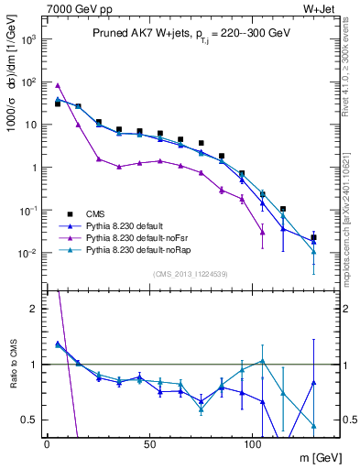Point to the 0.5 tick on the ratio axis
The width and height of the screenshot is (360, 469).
pyautogui.click(x=29, y=420)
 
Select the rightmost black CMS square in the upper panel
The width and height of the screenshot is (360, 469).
pyautogui.click(x=313, y=237)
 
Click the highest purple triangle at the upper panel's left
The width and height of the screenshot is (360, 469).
pyautogui.click(x=58, y=85)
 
